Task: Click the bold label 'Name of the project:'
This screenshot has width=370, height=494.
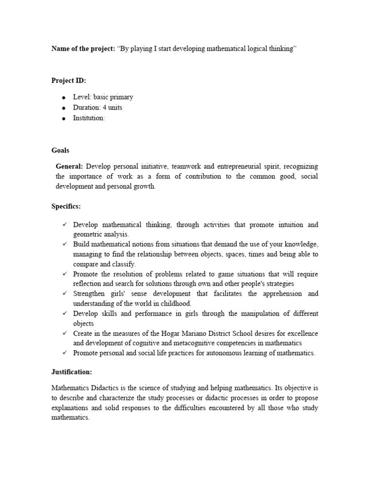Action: click(x=83, y=49)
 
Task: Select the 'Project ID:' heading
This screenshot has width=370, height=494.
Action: click(x=68, y=81)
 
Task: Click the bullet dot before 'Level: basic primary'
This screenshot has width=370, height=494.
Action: click(x=63, y=97)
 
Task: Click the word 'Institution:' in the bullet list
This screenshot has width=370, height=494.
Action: click(x=89, y=118)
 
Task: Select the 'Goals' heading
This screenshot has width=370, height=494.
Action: click(x=60, y=151)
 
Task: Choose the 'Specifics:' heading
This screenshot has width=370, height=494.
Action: click(x=66, y=206)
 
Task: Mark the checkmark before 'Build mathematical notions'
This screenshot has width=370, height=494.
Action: click(x=64, y=244)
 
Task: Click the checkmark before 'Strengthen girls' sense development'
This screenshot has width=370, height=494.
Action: click(x=64, y=294)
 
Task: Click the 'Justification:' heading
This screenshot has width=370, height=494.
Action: click(x=72, y=372)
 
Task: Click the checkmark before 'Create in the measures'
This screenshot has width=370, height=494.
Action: click(x=64, y=333)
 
